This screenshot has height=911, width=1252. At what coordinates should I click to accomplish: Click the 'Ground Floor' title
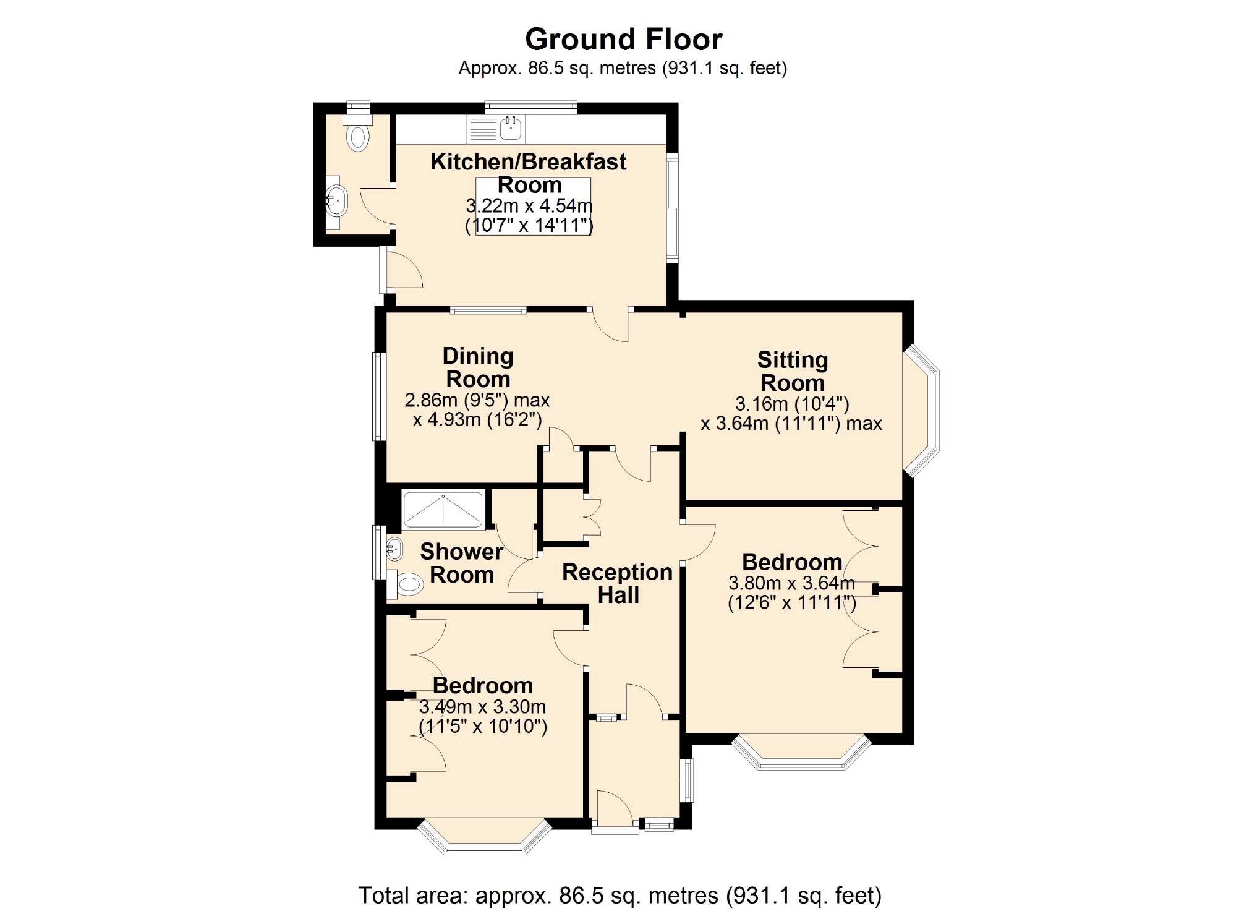[623, 40]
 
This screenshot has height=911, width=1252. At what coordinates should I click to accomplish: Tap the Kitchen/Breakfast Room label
[529, 173]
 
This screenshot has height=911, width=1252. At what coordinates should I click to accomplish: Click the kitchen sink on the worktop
[511, 129]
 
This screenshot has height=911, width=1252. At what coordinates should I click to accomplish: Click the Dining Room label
[478, 367]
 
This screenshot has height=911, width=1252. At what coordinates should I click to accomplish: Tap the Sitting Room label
[793, 371]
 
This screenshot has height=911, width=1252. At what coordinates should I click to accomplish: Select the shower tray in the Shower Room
[443, 509]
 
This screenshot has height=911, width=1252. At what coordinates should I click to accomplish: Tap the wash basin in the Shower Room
[393, 549]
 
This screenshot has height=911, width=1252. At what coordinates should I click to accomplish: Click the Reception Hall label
[618, 583]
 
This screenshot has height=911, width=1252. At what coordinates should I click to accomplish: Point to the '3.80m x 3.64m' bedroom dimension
[792, 583]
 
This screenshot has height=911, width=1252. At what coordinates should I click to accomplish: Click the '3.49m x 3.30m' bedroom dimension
[483, 706]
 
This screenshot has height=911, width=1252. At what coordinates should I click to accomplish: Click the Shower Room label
[462, 563]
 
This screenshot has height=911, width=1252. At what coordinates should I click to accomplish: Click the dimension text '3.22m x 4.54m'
[529, 205]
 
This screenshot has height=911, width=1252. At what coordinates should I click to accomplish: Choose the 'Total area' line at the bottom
[620, 895]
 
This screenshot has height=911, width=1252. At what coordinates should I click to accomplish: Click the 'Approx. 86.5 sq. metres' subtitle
[623, 68]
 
